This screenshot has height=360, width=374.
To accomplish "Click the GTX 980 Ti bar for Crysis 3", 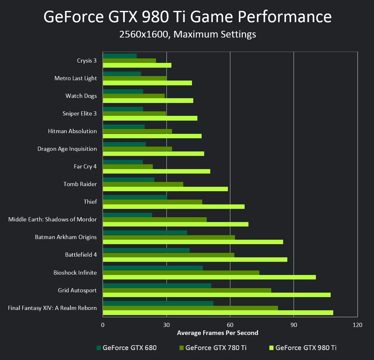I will pos(137,65).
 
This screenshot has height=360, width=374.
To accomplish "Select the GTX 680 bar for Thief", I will pos(135,197).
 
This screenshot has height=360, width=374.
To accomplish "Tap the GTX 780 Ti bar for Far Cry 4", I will pos(128,167).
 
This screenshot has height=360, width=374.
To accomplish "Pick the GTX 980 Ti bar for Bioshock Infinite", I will pos(209,277).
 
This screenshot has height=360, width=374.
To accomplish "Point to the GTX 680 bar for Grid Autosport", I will pos(157,286).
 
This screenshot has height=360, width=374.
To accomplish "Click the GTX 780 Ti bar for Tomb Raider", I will pos(143,184).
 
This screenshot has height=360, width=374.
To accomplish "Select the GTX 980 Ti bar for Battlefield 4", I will pos(195,259).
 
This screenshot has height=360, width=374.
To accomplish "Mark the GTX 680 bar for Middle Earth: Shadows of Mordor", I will pos(127,215).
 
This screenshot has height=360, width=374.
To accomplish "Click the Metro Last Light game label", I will pos(75,78).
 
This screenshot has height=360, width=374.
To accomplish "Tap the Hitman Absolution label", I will pos(72,131).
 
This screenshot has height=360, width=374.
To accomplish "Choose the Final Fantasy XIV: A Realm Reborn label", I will pos(52,308).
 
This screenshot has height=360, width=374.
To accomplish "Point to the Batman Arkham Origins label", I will pos(66,237).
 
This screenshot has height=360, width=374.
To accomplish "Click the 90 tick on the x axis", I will pos(294,325).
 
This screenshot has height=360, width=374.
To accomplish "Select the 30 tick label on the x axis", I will pos(166,325).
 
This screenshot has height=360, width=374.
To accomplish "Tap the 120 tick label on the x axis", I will pos(357,325).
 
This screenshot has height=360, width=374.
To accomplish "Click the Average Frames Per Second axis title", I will pos(218,333).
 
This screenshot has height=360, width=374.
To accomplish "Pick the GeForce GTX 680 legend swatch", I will pos(99,348).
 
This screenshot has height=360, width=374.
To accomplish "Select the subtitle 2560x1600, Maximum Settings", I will pos(188,34).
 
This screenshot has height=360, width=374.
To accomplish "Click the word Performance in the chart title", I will pos(285,17).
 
